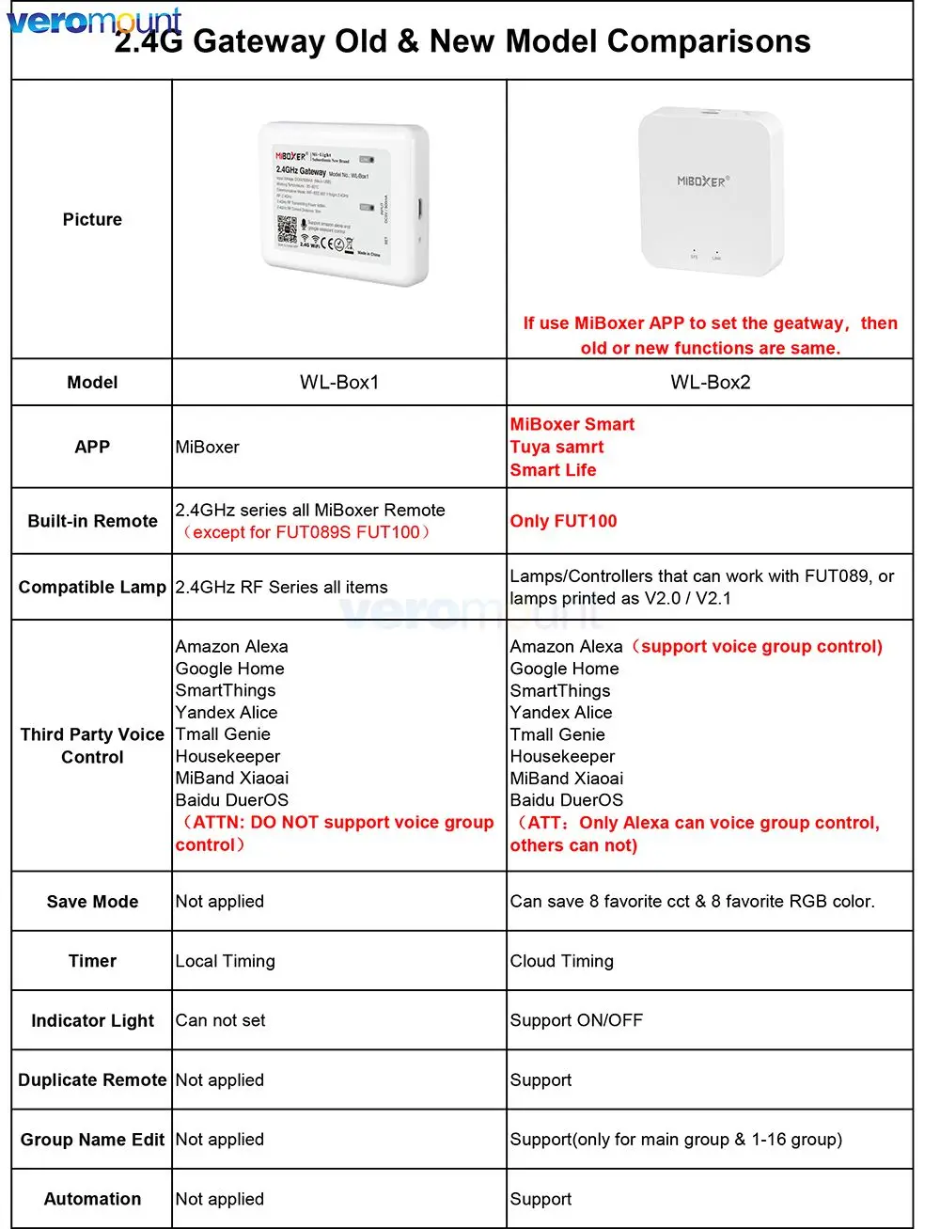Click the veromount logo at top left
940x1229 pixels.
(x=94, y=21)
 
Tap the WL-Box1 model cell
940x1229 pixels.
(x=339, y=383)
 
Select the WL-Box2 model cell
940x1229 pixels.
(x=710, y=383)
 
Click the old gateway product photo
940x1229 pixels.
(x=345, y=203)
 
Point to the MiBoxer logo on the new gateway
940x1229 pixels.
(x=702, y=181)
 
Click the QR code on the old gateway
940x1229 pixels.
(x=286, y=229)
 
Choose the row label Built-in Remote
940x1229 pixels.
(x=92, y=521)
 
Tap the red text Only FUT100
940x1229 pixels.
(x=563, y=521)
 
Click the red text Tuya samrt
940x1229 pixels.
(x=556, y=448)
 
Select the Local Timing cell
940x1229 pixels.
(x=226, y=961)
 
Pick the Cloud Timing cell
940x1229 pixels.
(x=561, y=961)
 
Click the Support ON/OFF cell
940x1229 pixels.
(x=576, y=1020)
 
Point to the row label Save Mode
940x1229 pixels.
(x=92, y=902)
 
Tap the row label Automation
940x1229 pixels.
(x=92, y=1199)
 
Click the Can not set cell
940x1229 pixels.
(x=220, y=1020)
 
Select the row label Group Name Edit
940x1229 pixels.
(x=92, y=1140)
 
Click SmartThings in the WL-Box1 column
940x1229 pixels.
(x=226, y=690)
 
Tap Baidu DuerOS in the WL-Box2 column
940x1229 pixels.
(x=566, y=800)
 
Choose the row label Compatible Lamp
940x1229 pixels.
(x=92, y=588)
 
